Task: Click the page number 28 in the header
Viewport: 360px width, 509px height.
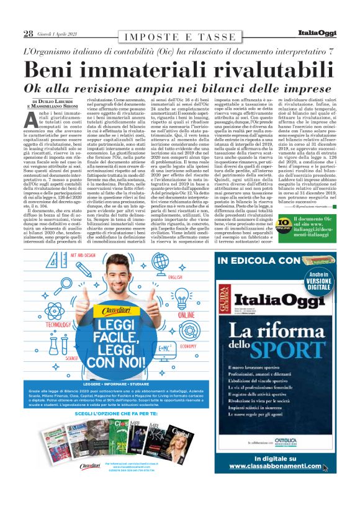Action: [x=29, y=34]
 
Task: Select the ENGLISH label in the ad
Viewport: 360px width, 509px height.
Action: [x=176, y=277]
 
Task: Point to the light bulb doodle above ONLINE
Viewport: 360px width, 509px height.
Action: [x=184, y=302]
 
